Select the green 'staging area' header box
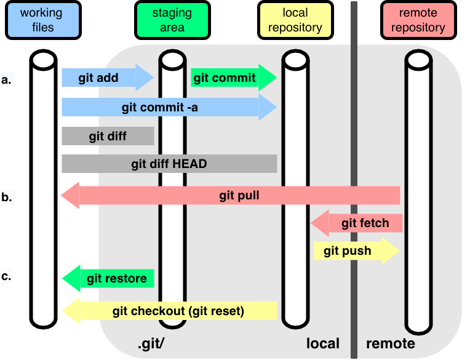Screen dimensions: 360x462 pyautogui.click(x=172, y=20)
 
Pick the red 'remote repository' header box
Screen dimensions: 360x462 pyautogui.click(x=418, y=20)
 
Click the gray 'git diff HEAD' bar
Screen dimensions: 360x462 pyautogui.click(x=169, y=164)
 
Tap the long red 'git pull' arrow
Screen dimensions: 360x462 pyautogui.click(x=231, y=196)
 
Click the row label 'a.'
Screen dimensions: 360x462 pyautogui.click(x=7, y=79)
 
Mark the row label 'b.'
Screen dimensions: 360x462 pyautogui.click(x=7, y=198)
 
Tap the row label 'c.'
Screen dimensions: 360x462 pyautogui.click(x=7, y=276)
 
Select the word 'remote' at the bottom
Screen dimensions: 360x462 pyautogui.click(x=391, y=343)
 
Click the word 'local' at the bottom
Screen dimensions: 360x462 pyautogui.click(x=323, y=343)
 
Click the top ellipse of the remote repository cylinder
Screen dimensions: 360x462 pyautogui.click(x=418, y=60)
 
